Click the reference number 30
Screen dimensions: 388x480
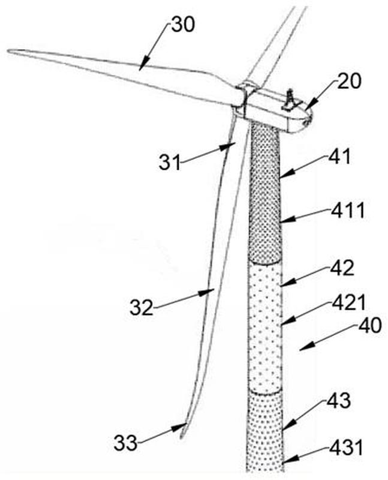183,25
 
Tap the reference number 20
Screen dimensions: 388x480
349,81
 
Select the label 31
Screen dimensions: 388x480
170,162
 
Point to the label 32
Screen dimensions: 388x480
141,307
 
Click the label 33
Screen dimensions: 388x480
125,443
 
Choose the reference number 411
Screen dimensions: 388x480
347,211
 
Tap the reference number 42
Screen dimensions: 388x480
342,268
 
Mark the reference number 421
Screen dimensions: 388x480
349,302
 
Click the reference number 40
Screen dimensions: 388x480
369,325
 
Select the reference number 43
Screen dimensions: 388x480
338,400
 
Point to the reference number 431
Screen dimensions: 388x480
346,448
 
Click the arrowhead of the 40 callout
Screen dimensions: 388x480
305,347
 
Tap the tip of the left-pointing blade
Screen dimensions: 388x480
8,51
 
